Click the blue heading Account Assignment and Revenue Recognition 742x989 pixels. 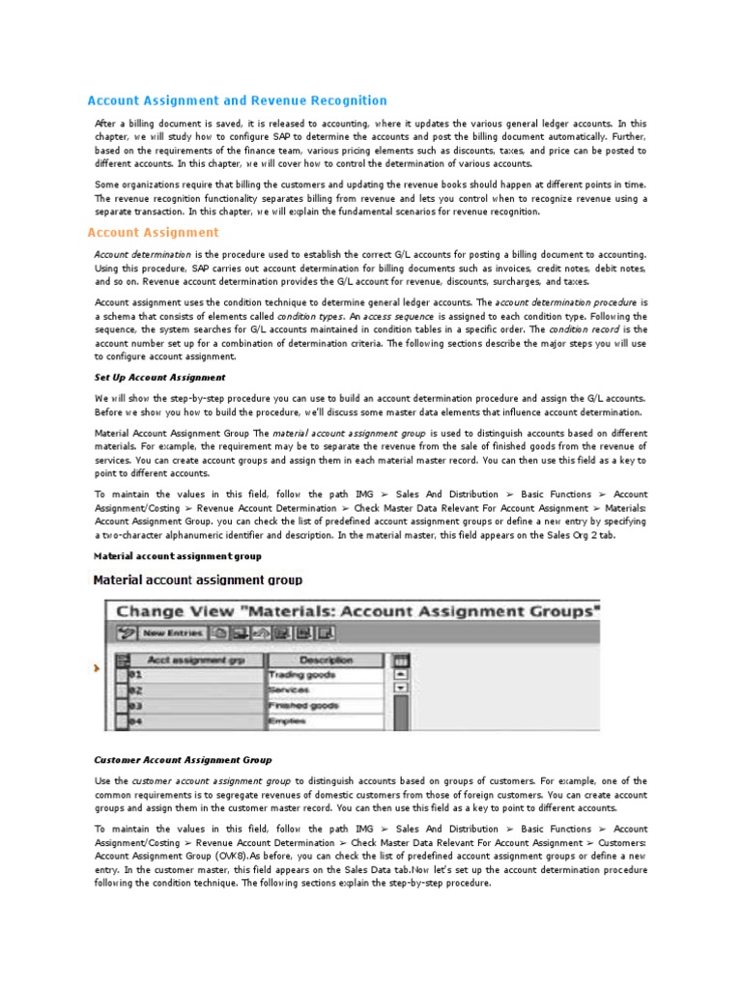pos(237,100)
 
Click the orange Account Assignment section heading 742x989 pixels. pos(153,233)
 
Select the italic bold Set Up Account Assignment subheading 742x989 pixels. pos(159,378)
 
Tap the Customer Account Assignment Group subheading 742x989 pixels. pos(183,760)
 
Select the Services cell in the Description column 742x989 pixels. pos(291,691)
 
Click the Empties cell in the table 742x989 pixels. pos(289,721)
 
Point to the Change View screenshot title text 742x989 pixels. pos(357,611)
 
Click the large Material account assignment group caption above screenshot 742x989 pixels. pos(198,580)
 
